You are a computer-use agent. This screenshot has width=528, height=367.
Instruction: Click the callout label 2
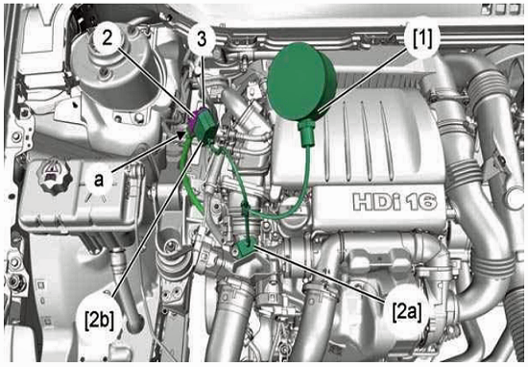pyautogui.click(x=108, y=37)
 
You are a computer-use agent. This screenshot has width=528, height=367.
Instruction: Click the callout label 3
pyautogui.click(x=202, y=39)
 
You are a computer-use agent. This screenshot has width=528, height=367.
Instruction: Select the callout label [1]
pyautogui.click(x=422, y=37)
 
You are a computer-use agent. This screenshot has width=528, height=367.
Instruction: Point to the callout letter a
pyautogui.click(x=99, y=180)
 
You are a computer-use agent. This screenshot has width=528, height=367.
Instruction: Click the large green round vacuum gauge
pyautogui.click(x=301, y=82)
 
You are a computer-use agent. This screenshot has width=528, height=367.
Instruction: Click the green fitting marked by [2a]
pyautogui.click(x=247, y=249)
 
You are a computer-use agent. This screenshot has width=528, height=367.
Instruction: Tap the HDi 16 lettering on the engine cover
pyautogui.click(x=395, y=202)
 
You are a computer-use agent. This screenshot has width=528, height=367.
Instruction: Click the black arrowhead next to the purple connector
pyautogui.click(x=180, y=135)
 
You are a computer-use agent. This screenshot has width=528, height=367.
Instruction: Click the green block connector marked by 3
pyautogui.click(x=206, y=125)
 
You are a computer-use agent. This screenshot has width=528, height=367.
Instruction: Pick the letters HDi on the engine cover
pyautogui.click(x=376, y=202)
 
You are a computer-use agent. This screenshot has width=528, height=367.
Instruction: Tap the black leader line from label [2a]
pyautogui.click(x=321, y=274)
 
